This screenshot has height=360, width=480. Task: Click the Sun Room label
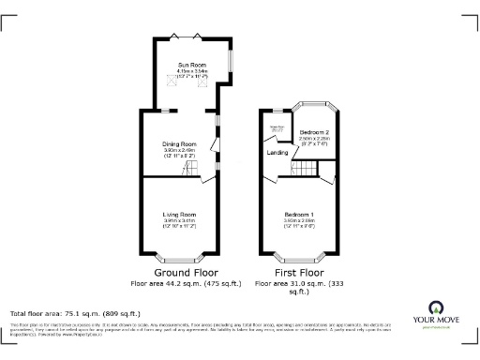coord(192,64)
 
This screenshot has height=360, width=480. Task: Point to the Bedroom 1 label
coord(299,215)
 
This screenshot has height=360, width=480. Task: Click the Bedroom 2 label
coord(313,133)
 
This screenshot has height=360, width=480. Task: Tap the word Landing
coord(277,152)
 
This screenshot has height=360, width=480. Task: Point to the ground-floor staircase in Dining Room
coord(192,168)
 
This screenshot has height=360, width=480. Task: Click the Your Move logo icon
coord(436,308)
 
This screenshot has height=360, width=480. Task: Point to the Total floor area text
coord(75,313)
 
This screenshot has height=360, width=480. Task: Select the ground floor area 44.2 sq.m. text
coord(186,281)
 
